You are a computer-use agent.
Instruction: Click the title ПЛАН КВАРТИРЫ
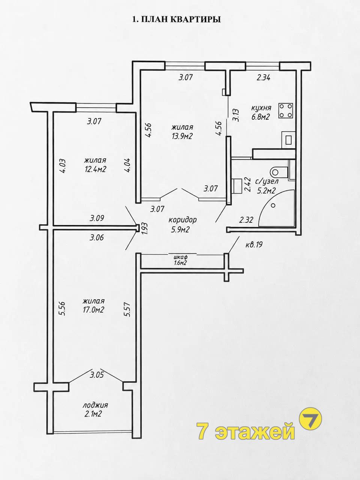[x=181, y=19]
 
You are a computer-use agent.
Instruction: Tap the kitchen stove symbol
[x=286, y=111]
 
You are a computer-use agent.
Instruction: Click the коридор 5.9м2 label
[x=182, y=224]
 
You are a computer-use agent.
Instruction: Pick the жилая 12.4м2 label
[x=95, y=165]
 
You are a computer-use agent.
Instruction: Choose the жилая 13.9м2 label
[x=182, y=132]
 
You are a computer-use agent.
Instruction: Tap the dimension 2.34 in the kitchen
[x=263, y=78]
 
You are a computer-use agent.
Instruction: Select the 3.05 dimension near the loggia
[x=97, y=375]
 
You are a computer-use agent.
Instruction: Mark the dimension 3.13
[x=236, y=115]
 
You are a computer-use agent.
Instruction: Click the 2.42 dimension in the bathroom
[x=248, y=185]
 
